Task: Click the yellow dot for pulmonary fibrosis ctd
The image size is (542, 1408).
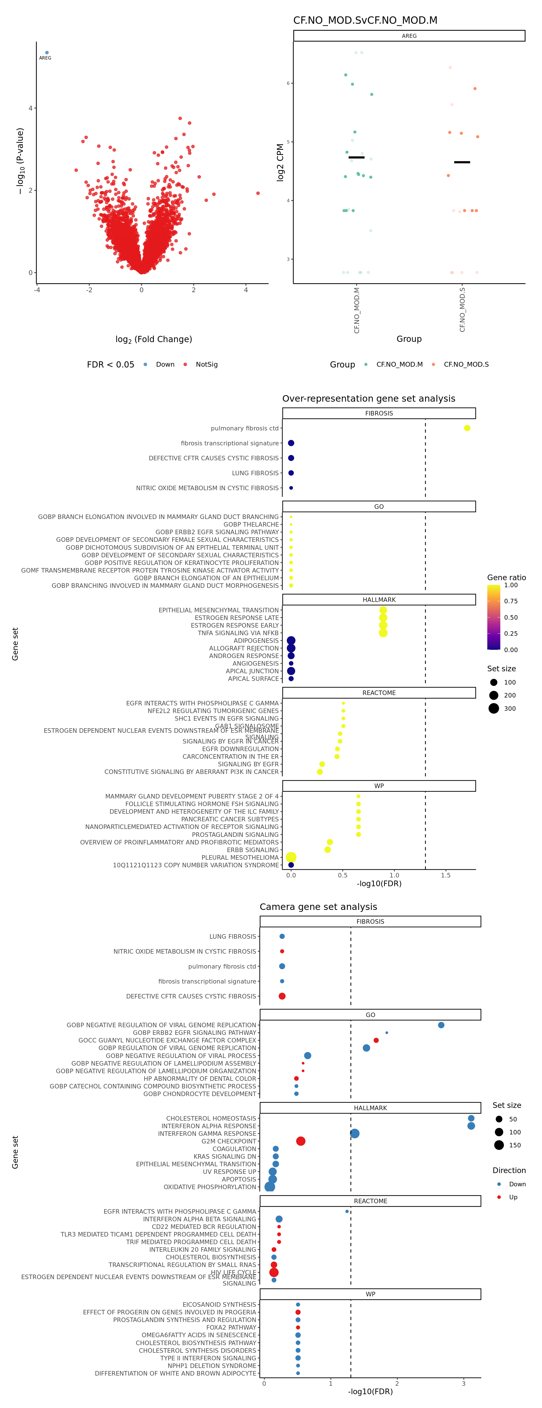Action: (467, 428)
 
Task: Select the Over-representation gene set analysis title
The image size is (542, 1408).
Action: (369, 399)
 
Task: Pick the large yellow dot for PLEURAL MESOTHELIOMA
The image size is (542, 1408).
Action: (291, 857)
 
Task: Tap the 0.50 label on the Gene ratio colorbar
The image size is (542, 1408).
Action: (511, 617)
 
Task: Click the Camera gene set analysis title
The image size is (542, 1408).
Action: (318, 907)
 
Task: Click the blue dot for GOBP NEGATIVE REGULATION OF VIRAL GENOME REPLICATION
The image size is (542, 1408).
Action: (441, 1025)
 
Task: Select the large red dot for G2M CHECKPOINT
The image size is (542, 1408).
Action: (300, 1141)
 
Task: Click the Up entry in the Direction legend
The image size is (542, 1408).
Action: (513, 1197)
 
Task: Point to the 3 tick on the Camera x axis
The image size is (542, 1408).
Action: (463, 1383)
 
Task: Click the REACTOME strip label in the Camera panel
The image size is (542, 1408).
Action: (370, 1201)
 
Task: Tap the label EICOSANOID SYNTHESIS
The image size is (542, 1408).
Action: (219, 1304)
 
